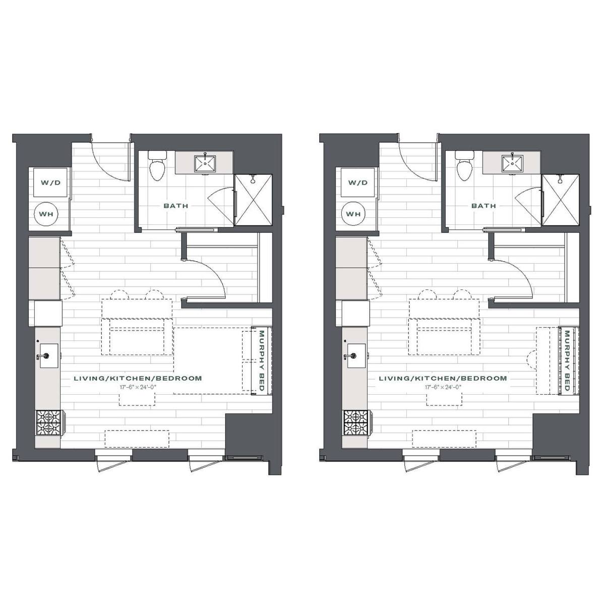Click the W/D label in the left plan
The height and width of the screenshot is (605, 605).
click(x=50, y=183)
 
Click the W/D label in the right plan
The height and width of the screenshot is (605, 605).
click(x=358, y=183)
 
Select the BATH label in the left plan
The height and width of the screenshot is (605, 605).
click(x=176, y=206)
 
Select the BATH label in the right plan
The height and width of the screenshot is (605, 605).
click(x=483, y=206)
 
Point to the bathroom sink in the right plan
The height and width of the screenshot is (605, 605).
click(x=512, y=163)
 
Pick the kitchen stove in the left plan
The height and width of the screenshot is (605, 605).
click(x=50, y=423)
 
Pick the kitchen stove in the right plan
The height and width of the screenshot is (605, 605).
click(x=357, y=423)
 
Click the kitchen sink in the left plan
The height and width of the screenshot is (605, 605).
click(x=49, y=356)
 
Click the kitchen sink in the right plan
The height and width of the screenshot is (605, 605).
click(x=356, y=356)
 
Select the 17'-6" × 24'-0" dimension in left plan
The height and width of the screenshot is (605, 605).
click(x=138, y=387)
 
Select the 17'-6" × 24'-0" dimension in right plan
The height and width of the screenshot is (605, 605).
click(x=443, y=387)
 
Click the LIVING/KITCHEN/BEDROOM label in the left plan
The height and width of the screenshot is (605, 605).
click(x=138, y=378)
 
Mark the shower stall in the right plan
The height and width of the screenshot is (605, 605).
click(x=561, y=200)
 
